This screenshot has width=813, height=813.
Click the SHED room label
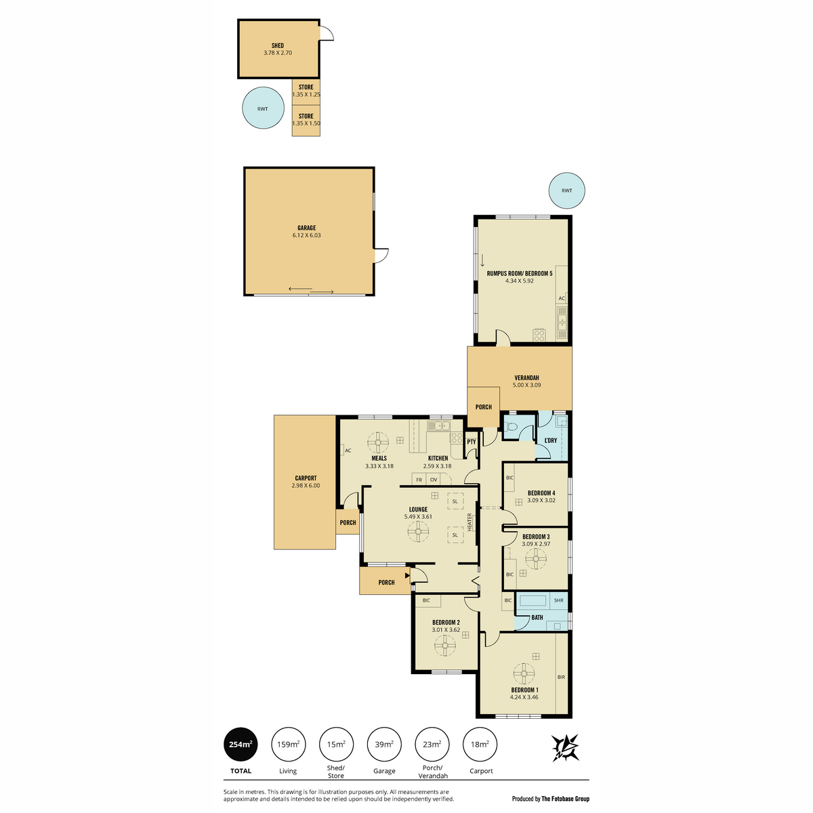pos(277,45)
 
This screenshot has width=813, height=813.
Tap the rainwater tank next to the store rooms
pos(263,108)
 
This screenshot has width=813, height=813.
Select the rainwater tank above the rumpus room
pos(566,190)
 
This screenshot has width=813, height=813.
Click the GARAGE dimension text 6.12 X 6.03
pos(306,235)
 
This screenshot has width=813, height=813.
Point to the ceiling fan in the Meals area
pos(378,442)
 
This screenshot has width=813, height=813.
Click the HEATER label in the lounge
pos(469,522)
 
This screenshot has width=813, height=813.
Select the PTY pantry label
pos(472,442)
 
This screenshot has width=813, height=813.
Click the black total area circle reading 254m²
pos(241,744)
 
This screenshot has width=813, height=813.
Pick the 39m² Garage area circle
pos(384,744)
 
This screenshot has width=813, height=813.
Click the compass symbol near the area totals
pos(565,747)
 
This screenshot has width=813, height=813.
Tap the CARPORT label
pos(306,478)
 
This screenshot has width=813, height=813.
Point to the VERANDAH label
pos(526,377)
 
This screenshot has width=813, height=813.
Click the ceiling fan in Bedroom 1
pos(524,673)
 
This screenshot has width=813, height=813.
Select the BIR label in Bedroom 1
pos(561,677)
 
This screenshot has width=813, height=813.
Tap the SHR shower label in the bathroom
pos(558,600)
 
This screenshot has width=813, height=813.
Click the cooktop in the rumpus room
pos(539,335)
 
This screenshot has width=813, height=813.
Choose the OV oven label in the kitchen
pos(434,480)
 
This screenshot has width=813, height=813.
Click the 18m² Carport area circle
pos(480,744)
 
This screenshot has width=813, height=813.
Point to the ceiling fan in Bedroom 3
pos(536,560)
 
